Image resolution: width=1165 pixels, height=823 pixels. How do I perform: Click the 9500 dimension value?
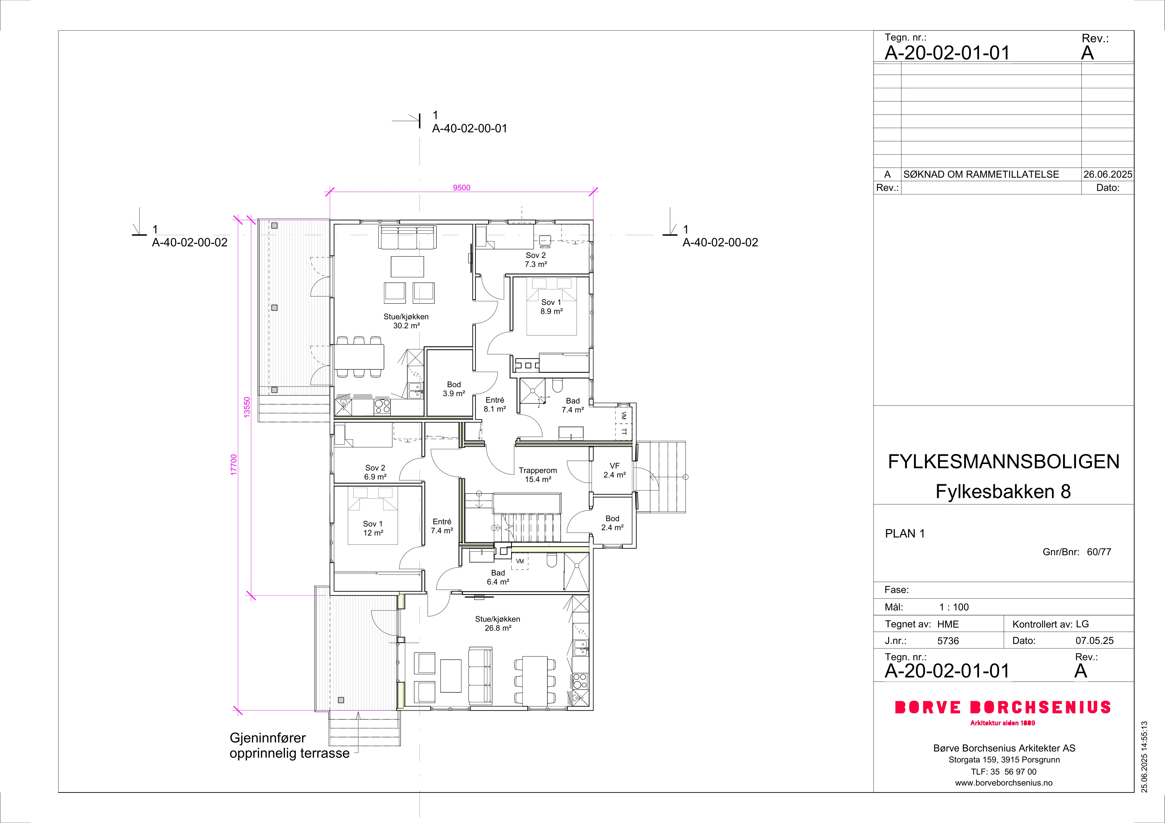tap(461, 188)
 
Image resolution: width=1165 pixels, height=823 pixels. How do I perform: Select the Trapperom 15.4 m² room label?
tap(538, 475)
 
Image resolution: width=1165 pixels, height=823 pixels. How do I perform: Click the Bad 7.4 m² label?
tap(573, 405)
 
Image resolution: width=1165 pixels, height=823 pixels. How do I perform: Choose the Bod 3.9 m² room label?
tap(454, 389)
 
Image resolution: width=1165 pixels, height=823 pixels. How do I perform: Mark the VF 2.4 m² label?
tap(614, 470)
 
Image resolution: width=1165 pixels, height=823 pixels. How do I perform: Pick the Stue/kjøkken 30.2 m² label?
tap(406, 321)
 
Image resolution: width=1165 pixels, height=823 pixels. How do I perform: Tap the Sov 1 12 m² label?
tap(373, 528)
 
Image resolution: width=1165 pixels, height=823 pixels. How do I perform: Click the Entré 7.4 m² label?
tap(442, 526)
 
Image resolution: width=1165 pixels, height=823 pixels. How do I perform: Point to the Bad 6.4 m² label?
tap(498, 577)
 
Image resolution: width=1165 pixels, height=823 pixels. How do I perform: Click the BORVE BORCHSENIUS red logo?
tap(1003, 707)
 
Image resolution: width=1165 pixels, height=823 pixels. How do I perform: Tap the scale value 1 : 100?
tap(954, 607)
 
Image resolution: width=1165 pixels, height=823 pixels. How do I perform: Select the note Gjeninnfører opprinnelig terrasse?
tap(290, 745)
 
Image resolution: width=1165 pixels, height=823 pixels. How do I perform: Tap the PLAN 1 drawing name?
tap(905, 534)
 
